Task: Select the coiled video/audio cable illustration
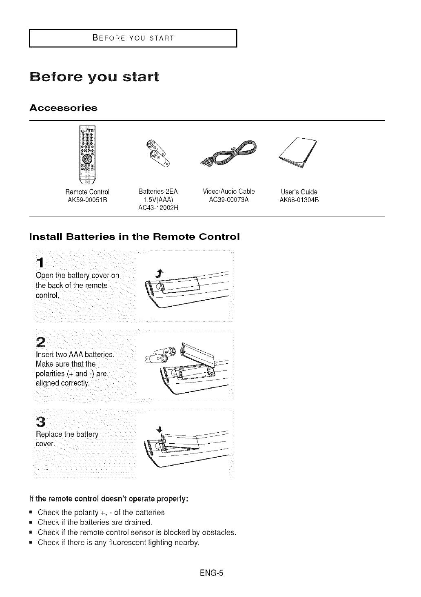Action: (x=230, y=154)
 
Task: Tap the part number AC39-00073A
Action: (x=228, y=200)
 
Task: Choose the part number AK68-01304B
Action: (x=299, y=200)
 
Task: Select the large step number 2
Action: (x=41, y=341)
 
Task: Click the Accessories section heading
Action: (x=63, y=108)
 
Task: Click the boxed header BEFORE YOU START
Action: (x=133, y=38)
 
